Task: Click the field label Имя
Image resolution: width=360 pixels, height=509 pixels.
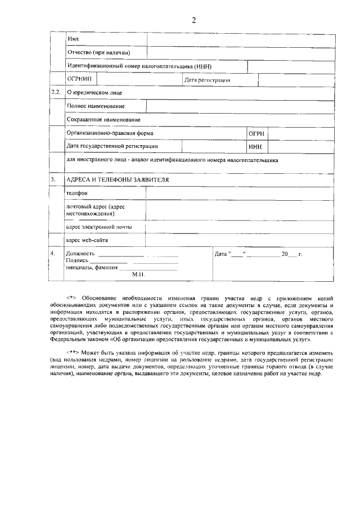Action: pos(72,39)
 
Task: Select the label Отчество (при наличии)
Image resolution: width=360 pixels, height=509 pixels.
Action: pos(98,53)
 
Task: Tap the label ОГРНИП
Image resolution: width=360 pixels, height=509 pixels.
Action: pos(79,80)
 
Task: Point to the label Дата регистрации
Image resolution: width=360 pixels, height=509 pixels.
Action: pos(207,80)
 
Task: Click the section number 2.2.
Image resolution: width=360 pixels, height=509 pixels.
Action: pos(56,92)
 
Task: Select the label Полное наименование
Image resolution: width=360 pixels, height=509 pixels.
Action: pos(96,106)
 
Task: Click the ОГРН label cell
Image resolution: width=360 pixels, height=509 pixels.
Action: pos(256,134)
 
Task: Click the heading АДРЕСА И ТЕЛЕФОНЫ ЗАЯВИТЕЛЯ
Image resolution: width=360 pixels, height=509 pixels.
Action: pos(118,179)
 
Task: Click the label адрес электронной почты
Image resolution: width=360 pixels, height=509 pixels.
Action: pos(99,227)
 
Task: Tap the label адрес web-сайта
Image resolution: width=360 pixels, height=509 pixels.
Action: pos(87,240)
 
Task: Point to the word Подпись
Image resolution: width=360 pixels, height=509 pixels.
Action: pos(77,261)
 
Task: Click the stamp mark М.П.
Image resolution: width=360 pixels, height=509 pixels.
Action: pos(138,274)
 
